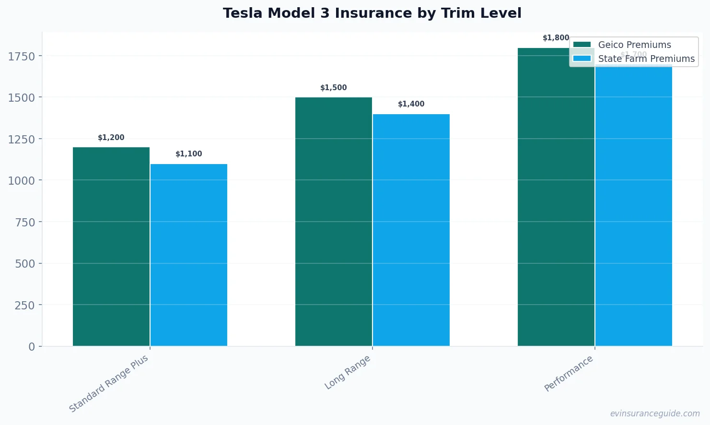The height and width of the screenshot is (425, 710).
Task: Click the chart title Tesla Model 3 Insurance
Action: click(372, 13)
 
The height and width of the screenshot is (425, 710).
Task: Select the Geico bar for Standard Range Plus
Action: click(111, 247)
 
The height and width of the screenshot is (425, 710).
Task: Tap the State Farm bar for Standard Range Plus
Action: click(189, 255)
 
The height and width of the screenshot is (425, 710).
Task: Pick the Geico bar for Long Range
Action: click(334, 222)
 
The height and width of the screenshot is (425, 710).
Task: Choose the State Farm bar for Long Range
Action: click(411, 230)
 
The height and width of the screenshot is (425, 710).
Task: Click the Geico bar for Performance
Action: click(556, 197)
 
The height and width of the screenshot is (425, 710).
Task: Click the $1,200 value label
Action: click(111, 138)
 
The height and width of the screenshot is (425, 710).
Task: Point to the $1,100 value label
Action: click(189, 154)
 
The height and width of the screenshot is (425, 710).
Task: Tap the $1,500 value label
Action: click(334, 88)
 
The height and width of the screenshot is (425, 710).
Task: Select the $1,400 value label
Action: click(411, 104)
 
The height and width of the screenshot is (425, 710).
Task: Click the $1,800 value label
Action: click(556, 38)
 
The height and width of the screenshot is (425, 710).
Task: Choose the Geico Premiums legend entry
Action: click(634, 45)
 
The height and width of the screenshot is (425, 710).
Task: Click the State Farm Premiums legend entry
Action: click(646, 59)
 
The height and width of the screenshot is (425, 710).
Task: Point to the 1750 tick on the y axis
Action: click(22, 56)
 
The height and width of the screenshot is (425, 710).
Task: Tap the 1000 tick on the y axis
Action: click(22, 180)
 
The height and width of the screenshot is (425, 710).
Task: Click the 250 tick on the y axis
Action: click(24, 305)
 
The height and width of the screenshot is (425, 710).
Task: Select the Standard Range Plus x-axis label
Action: click(109, 384)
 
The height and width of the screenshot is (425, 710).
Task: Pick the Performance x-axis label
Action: click(569, 374)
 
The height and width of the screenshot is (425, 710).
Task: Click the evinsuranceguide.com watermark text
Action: click(655, 413)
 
